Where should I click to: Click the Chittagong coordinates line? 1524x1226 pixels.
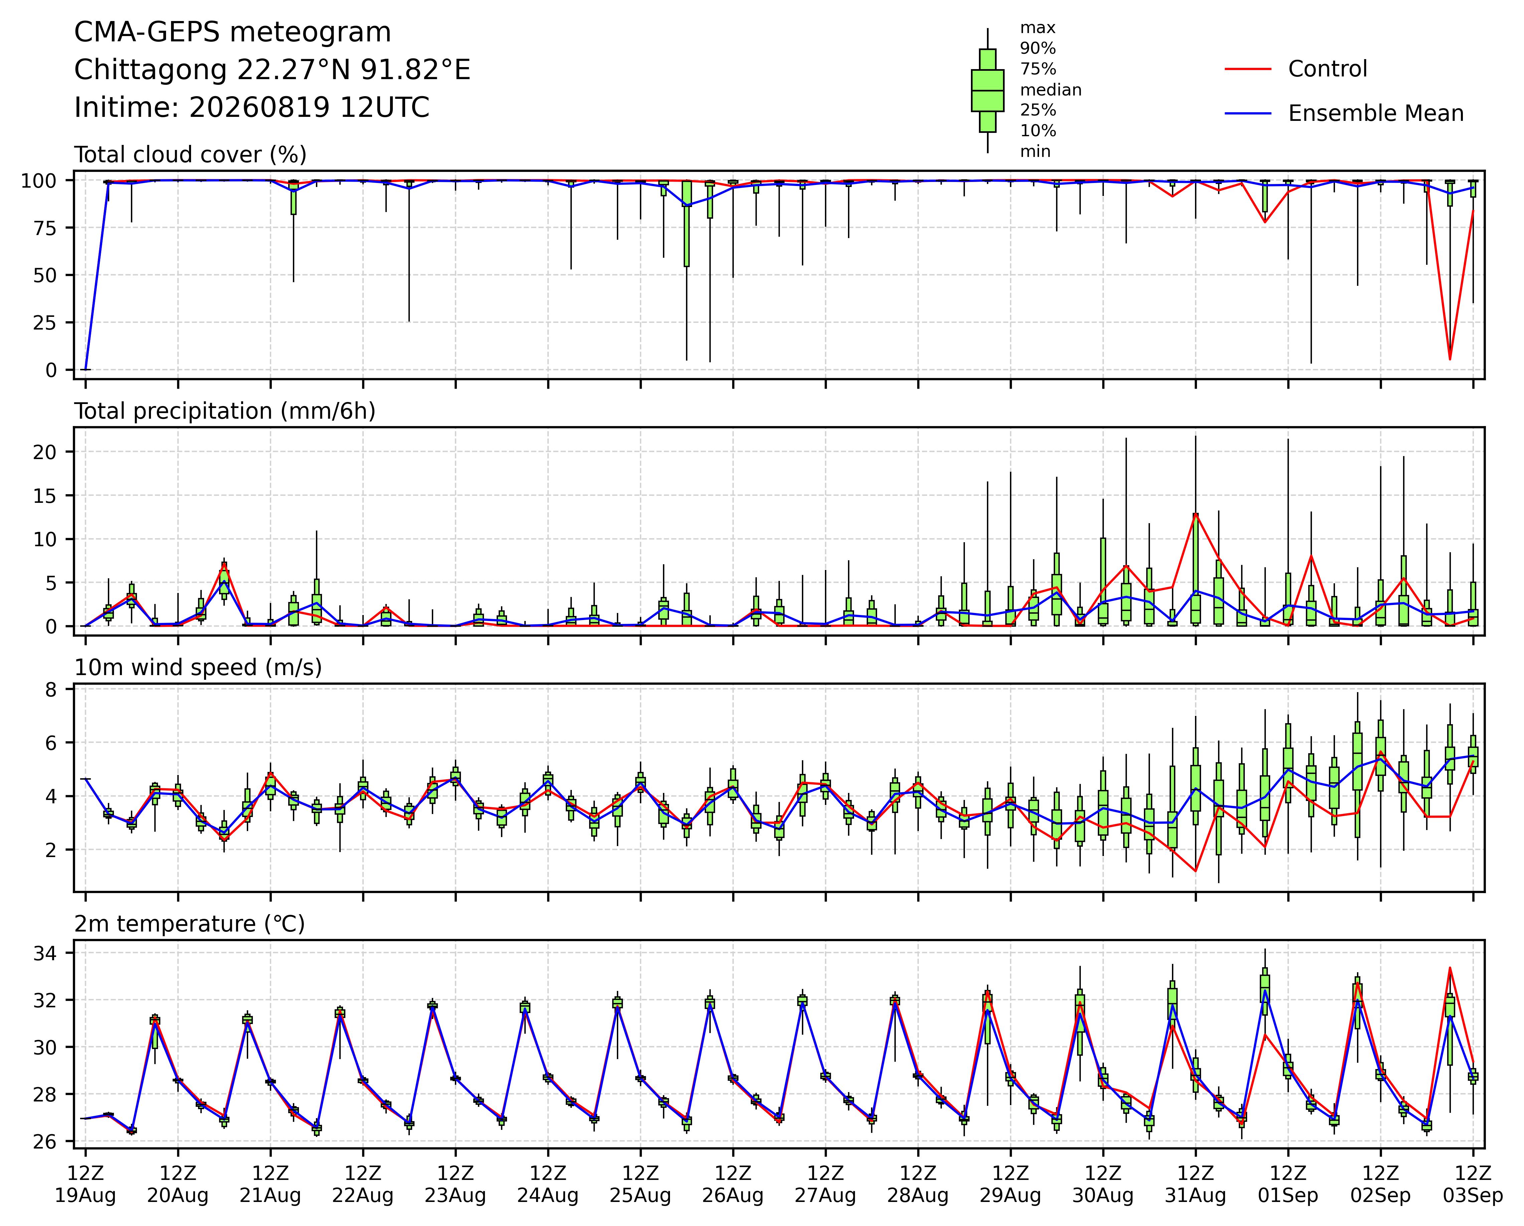pos(272,70)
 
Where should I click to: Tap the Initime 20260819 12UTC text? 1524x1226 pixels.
pos(251,108)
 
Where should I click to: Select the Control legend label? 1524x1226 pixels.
pos(1328,69)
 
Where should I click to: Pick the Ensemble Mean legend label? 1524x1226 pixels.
pos(1376,114)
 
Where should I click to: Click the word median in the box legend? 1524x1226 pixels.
pos(1050,90)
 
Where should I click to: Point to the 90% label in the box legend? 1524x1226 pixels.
pos(1038,49)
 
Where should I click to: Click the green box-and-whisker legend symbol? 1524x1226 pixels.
pos(988,90)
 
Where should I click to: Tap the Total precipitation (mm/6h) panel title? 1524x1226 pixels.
pos(225,411)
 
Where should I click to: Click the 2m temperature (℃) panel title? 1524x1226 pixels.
pos(189,924)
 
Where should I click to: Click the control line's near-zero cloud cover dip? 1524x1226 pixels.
pos(1450,359)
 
